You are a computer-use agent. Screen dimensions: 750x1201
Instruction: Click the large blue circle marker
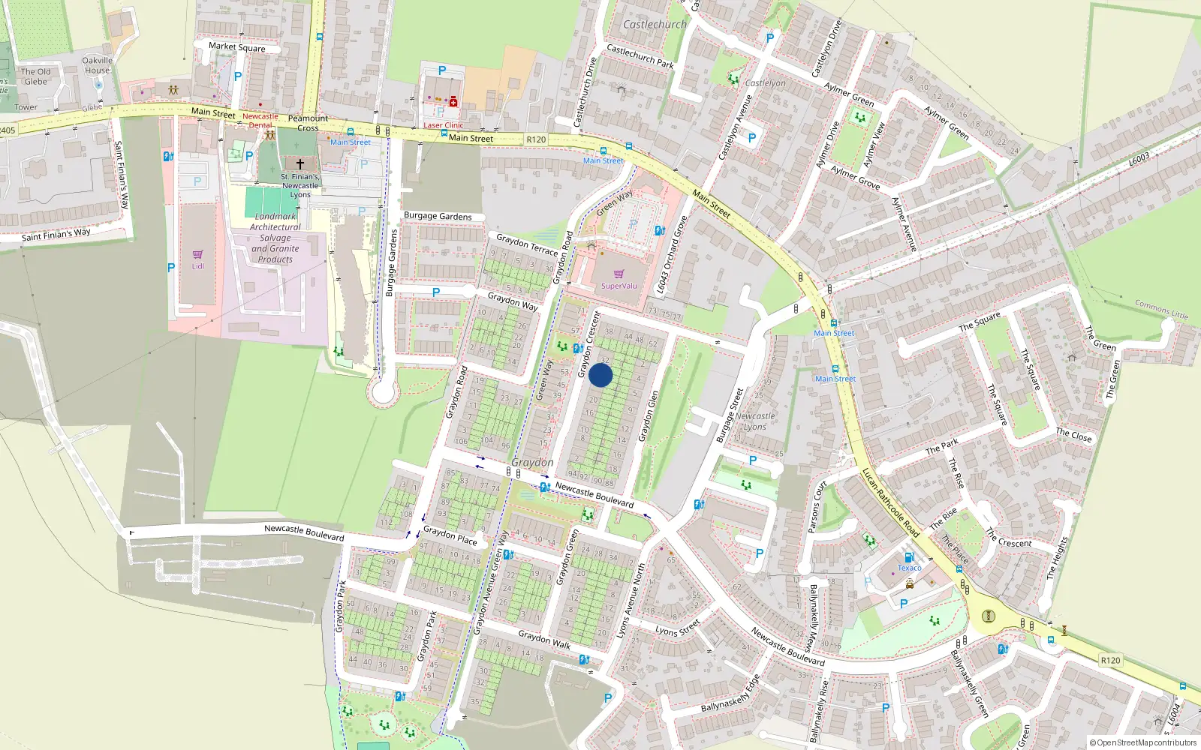click(x=600, y=375)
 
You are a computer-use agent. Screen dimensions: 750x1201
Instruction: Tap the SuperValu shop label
click(x=619, y=286)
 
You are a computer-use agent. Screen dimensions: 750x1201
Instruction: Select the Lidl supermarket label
click(x=197, y=266)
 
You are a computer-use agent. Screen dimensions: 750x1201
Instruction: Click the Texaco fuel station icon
click(x=909, y=558)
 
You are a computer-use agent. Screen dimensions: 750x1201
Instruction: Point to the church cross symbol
click(x=300, y=163)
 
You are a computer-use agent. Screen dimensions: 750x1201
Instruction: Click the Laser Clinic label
click(x=443, y=125)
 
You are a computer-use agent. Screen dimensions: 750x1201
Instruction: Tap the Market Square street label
click(x=236, y=46)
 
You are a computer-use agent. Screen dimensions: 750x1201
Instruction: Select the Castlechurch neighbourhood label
click(x=655, y=24)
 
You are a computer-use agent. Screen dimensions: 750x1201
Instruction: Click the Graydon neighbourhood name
click(x=532, y=463)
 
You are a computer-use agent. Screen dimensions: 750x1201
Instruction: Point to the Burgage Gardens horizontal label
click(x=438, y=216)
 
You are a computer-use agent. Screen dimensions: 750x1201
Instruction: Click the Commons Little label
click(x=1161, y=309)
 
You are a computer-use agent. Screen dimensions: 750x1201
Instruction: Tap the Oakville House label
click(x=97, y=65)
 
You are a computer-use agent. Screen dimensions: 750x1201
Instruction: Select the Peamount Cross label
click(x=308, y=123)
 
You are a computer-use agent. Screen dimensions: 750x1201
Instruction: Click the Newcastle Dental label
click(x=260, y=120)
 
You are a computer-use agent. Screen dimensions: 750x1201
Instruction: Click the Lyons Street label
click(x=678, y=628)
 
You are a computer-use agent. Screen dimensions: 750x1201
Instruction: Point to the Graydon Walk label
click(x=544, y=639)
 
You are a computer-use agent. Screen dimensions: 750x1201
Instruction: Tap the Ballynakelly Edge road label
click(x=730, y=694)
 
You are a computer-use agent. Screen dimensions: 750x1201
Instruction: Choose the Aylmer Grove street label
click(x=855, y=177)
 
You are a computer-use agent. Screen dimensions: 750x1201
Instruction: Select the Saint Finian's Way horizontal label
click(x=56, y=235)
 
